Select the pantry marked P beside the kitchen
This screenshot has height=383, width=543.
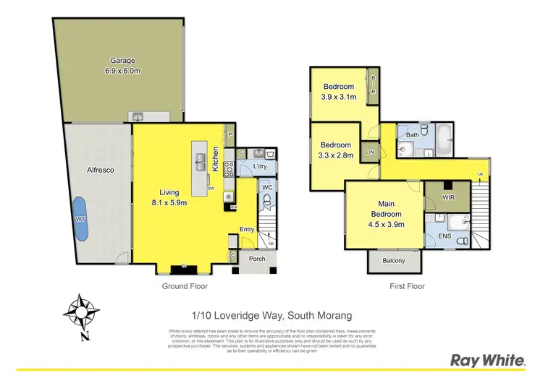tap(230, 134)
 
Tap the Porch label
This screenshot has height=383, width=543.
tap(256, 259)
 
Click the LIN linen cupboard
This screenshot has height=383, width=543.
tap(370, 152)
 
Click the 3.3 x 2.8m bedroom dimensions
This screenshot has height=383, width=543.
tap(336, 155)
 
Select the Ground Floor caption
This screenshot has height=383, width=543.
tap(185, 286)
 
